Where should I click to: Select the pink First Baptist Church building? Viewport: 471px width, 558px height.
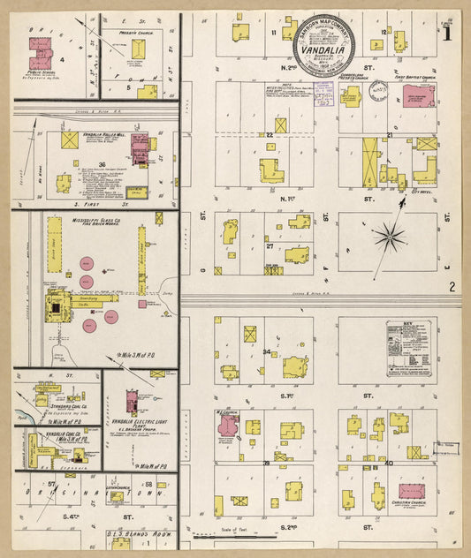[417, 94]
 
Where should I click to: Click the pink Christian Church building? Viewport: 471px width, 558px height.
[412, 491]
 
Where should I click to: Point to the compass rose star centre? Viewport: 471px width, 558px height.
[389, 236]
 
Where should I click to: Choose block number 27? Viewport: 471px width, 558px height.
[270, 246]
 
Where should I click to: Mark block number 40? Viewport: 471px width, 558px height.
[389, 462]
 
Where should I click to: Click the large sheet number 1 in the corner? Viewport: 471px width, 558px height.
[448, 34]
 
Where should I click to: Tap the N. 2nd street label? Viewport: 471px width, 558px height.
[287, 66]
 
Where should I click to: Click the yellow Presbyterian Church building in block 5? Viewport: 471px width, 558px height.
[138, 51]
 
